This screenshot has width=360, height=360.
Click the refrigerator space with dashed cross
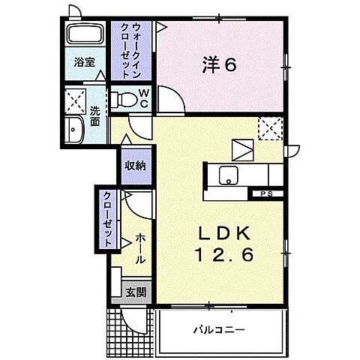pyautogui.click(x=268, y=129)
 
